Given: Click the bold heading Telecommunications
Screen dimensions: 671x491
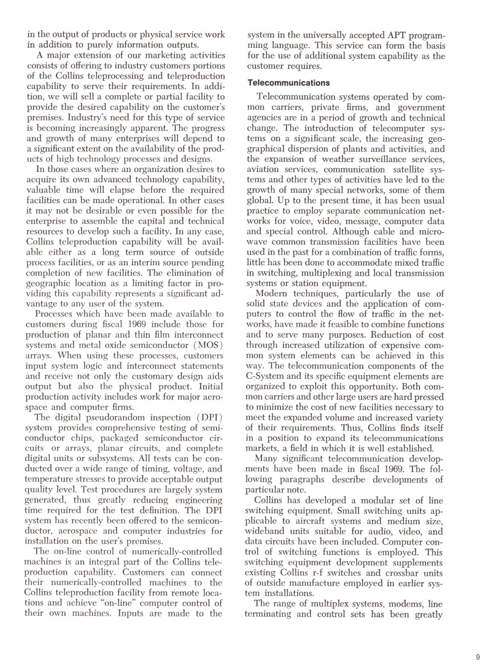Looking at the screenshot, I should point(288,83).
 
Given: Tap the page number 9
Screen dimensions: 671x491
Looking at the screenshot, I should point(477,657).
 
